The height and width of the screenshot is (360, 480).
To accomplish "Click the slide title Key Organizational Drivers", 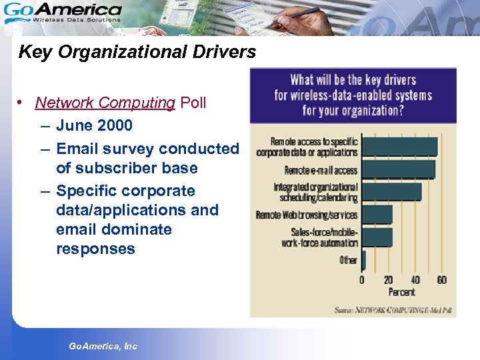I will pyautogui.click(x=137, y=52).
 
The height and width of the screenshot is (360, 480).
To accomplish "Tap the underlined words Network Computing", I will pyautogui.click(x=105, y=103).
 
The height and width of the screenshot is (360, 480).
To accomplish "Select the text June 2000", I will pyautogui.click(x=95, y=125).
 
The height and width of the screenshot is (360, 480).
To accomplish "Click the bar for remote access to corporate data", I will pyautogui.click(x=399, y=147).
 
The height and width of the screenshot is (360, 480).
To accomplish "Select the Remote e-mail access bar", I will pyautogui.click(x=398, y=169).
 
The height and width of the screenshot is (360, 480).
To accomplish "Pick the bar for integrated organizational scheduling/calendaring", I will pyautogui.click(x=391, y=191).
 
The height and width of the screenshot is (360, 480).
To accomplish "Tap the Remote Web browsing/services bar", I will pyautogui.click(x=377, y=215).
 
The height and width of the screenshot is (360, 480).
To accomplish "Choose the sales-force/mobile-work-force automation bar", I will pyautogui.click(x=377, y=237).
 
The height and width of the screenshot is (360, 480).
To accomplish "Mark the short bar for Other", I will pyautogui.click(x=364, y=259).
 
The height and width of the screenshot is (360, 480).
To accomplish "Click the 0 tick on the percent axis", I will pyautogui.click(x=362, y=280).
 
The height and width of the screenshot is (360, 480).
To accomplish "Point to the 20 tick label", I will pyautogui.click(x=388, y=280).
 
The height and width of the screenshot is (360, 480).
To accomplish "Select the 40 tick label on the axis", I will pyautogui.click(x=415, y=280).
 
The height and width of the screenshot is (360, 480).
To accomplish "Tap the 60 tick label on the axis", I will pyautogui.click(x=441, y=280).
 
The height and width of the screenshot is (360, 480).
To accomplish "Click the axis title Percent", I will pyautogui.click(x=401, y=292).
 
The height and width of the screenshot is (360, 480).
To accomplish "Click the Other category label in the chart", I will pyautogui.click(x=348, y=260).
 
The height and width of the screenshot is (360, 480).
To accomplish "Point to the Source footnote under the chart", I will pyautogui.click(x=393, y=309).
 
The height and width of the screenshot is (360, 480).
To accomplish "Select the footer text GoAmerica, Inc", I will pyautogui.click(x=103, y=346).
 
